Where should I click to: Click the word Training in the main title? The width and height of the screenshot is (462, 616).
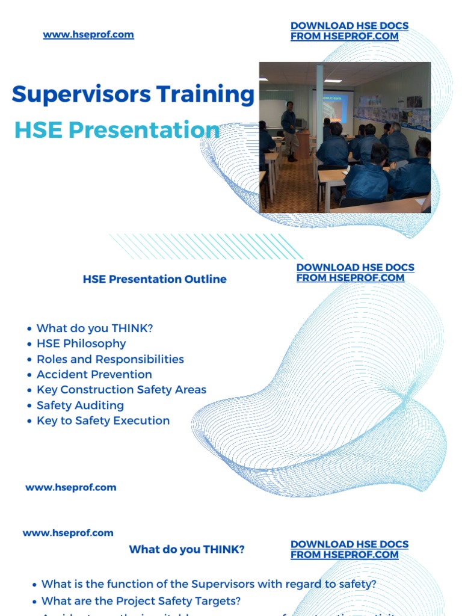pos(206,95)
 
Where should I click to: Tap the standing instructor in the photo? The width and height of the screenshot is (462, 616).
pos(290,130)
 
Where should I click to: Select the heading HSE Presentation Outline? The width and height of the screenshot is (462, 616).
pos(155,279)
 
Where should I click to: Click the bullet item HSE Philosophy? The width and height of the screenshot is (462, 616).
pos(81,343)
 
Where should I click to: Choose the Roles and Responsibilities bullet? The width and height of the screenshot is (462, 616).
pos(110,359)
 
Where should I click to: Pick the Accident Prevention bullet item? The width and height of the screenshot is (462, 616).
pos(94,374)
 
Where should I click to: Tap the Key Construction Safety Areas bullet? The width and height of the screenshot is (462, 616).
pos(121,390)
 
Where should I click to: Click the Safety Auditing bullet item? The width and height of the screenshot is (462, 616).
pos(80,405)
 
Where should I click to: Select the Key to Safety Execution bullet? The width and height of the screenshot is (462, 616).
pos(103,420)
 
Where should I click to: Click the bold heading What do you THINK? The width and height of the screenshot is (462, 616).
pos(186,549)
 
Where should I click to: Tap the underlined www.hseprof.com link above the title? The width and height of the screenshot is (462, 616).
pos(88,34)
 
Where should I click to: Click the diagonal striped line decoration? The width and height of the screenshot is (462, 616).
pos(205,247)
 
